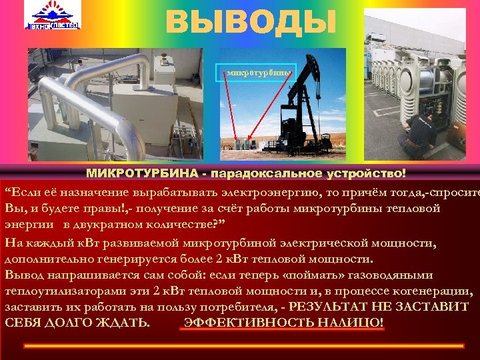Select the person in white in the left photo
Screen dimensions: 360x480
[x=79, y=66]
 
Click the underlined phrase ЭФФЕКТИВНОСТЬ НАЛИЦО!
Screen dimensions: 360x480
[x=283, y=323]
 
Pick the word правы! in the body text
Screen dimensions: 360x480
[x=94, y=209]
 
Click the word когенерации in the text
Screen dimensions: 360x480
[x=437, y=291]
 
